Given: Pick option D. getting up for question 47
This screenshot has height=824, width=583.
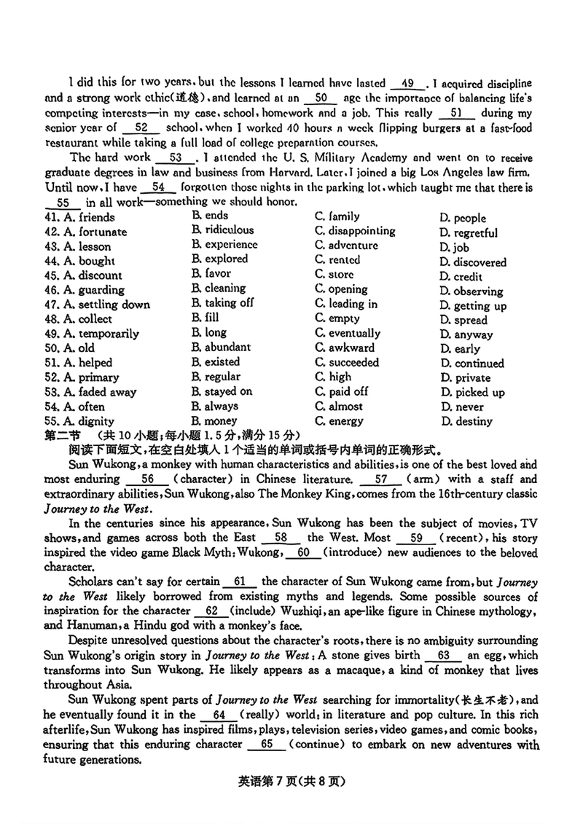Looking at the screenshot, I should (473, 306).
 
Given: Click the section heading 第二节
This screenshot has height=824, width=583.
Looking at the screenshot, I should (62, 435).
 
